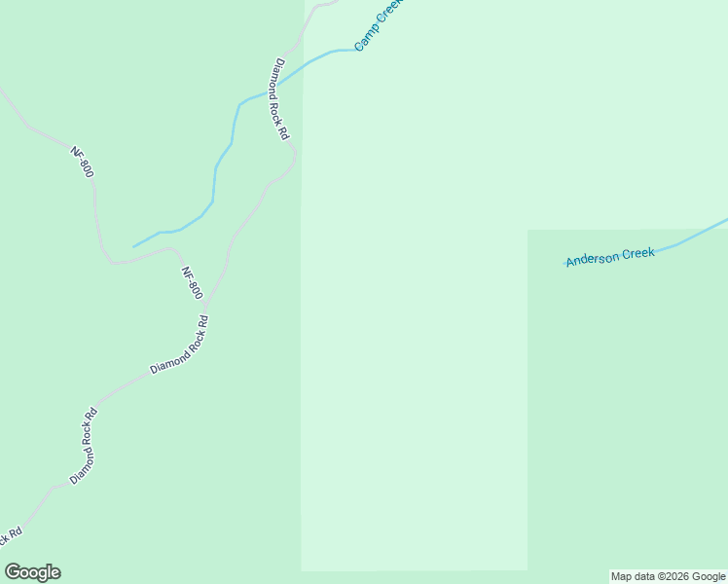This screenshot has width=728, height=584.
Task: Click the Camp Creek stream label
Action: pyautogui.click(x=378, y=25)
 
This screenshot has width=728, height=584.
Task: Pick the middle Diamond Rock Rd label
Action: pyautogui.click(x=179, y=346)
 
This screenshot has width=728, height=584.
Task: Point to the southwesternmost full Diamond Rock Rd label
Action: pyautogui.click(x=84, y=446)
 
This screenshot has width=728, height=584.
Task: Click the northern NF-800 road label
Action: pyautogui.click(x=82, y=162)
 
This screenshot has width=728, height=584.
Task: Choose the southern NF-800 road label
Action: pyautogui.click(x=192, y=282)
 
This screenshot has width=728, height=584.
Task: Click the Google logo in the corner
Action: pyautogui.click(x=33, y=572)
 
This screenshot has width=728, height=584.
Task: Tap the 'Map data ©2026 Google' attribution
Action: pyautogui.click(x=669, y=576)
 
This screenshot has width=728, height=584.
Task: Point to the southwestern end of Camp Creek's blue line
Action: pyautogui.click(x=134, y=246)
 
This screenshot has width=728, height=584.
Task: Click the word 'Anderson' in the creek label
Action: pyautogui.click(x=594, y=258)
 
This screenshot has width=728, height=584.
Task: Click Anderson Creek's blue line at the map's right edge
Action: pyautogui.click(x=724, y=221)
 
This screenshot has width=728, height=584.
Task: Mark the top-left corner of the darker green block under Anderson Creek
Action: pyautogui.click(x=528, y=231)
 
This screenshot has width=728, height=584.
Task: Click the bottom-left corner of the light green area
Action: pyautogui.click(x=303, y=569)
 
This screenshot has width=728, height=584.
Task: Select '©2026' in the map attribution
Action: pyautogui.click(x=671, y=576)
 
